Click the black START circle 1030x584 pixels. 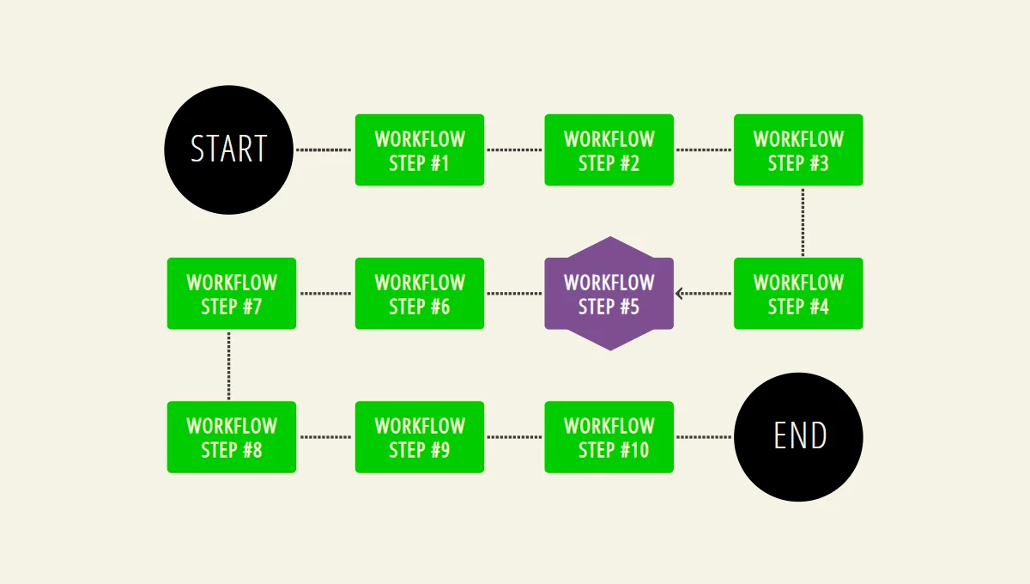point(228,149)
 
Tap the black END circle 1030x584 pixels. point(798,437)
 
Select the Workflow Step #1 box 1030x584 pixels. point(420,150)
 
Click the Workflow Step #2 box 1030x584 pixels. point(609,150)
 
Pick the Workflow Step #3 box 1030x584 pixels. point(798,150)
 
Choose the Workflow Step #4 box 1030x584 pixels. point(798,294)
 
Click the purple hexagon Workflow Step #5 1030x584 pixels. point(609,294)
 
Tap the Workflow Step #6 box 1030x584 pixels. point(420,294)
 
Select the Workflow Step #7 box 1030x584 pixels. point(232,294)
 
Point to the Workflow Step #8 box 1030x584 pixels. point(232,437)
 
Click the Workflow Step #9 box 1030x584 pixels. point(420,437)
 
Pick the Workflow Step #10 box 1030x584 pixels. point(609,437)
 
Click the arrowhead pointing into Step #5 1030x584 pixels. point(680,294)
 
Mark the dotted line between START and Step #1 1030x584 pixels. point(324,150)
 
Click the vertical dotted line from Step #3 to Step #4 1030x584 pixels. point(803,222)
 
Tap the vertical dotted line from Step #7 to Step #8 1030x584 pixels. point(228,365)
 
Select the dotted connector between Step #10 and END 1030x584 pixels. point(704,437)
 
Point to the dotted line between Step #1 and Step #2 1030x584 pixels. point(514,150)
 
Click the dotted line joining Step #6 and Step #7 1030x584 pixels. point(325,294)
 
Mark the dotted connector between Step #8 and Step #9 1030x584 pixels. point(325,437)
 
